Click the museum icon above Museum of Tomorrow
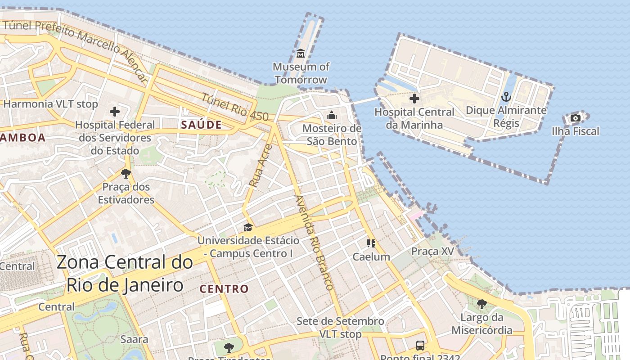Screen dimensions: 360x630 [301, 54]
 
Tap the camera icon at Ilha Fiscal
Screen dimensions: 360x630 [575, 118]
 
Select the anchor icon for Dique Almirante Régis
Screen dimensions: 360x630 [506, 97]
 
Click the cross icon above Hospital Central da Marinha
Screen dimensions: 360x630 [414, 98]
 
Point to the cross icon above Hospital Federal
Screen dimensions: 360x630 [115, 111]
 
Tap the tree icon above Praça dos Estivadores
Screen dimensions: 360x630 [126, 173]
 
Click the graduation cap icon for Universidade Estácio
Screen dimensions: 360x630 [248, 227]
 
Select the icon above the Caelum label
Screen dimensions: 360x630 [371, 243]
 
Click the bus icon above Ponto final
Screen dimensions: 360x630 [420, 346]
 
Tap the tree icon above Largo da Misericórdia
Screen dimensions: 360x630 [482, 304]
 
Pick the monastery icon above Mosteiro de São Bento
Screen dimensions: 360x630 [332, 115]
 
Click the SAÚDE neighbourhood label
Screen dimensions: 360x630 [202, 125]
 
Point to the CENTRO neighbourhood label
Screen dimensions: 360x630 [224, 289]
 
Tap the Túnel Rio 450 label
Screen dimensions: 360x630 [234, 107]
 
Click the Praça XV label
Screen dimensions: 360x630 [432, 251]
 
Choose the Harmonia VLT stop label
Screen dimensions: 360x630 [50, 104]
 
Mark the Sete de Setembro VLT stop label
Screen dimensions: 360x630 [340, 328]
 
